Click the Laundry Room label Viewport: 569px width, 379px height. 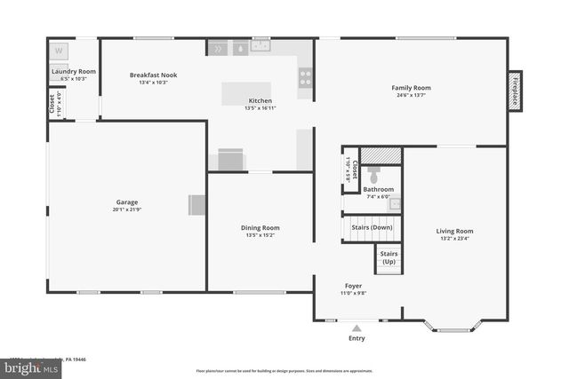click(x=73, y=71)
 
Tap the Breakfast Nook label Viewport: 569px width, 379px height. click(x=153, y=75)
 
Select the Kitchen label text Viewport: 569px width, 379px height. click(x=260, y=100)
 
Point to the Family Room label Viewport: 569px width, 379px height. click(x=411, y=88)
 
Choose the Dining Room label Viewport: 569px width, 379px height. click(x=260, y=228)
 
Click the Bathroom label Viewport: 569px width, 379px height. click(x=378, y=189)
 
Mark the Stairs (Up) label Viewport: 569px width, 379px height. click(x=389, y=257)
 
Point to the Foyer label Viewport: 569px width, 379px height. click(x=353, y=286)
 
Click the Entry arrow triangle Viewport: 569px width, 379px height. click(x=357, y=328)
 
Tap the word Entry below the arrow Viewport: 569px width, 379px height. click(x=357, y=339)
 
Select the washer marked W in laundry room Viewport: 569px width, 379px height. click(x=59, y=51)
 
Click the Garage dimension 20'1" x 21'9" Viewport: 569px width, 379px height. click(x=126, y=210)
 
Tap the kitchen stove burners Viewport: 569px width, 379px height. click(x=306, y=78)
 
